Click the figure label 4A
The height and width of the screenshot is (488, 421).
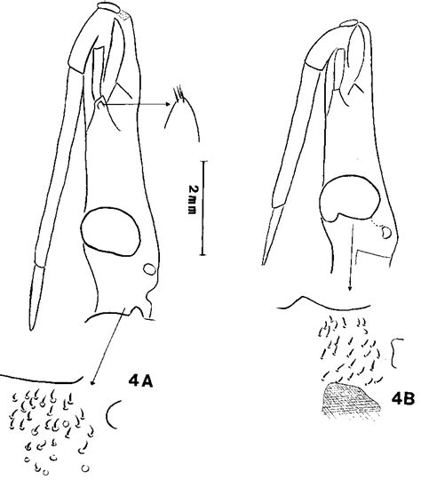coord(140,381)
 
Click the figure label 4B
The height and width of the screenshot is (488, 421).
coord(403,399)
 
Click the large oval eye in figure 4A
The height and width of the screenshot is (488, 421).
coord(110,231)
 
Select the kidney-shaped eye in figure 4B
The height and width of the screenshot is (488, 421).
coord(349,198)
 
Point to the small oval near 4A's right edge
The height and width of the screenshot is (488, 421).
coord(150,269)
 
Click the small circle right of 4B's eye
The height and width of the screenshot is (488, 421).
coord(386,232)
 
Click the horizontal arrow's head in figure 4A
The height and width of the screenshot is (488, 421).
coord(168,104)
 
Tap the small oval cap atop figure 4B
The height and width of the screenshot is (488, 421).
coord(349,24)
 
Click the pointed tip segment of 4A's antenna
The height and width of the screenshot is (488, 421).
coord(37,297)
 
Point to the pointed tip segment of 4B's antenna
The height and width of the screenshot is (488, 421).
coord(272,235)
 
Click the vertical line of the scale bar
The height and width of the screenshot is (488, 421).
coord(203,208)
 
